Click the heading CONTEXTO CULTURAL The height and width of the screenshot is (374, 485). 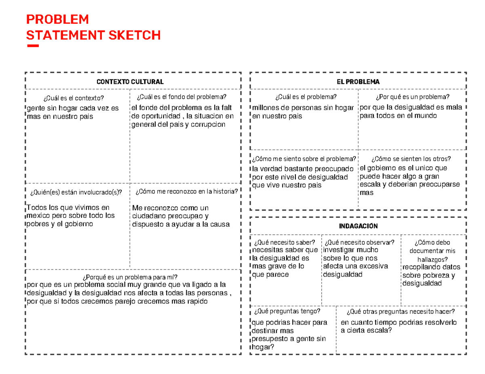[130, 81]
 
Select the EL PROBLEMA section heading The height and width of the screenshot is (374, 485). [358, 81]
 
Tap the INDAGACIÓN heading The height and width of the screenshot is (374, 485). [358, 226]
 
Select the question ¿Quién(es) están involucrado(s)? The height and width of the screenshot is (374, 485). [76, 192]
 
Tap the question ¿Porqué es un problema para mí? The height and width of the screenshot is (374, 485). [130, 277]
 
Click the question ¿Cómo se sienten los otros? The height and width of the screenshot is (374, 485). [411, 159]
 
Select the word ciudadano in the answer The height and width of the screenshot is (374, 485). [147, 216]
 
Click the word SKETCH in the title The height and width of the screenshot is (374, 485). [134, 36]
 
